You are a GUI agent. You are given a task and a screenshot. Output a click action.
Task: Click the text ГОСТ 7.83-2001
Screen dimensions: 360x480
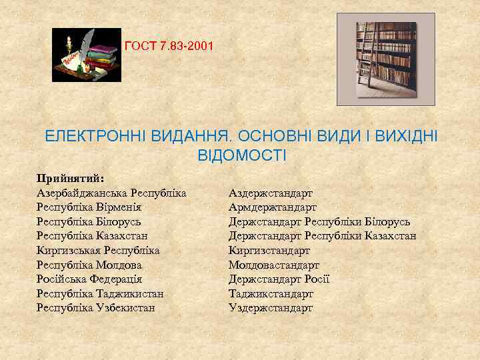tap(169, 47)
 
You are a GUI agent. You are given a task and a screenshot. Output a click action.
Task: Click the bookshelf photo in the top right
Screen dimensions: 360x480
tap(385, 59)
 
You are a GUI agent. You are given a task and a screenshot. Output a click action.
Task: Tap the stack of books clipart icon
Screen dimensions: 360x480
tap(87, 55)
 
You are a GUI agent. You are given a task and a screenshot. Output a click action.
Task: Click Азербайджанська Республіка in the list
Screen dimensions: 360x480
tap(111, 193)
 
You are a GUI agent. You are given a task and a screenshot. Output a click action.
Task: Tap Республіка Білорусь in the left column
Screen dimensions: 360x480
tap(89, 221)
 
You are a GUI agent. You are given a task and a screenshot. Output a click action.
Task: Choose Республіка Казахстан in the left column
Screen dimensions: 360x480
tap(92, 236)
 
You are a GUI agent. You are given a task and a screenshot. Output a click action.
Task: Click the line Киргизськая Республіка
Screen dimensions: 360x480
tap(98, 251)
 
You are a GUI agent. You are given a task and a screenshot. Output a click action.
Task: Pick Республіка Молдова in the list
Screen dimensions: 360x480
tap(89, 265)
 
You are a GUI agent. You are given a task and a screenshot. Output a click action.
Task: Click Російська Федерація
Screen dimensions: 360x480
tap(89, 279)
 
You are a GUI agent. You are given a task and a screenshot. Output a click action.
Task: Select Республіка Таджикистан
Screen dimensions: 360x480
tap(100, 294)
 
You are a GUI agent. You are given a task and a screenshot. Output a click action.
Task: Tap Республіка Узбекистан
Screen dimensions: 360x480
tap(96, 308)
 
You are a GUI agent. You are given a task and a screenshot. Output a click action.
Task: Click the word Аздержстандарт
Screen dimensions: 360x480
tap(271, 193)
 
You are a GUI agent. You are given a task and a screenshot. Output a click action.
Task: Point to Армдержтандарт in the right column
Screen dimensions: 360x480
tap(273, 207)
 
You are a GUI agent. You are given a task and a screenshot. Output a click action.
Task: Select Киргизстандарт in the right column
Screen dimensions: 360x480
tap(269, 251)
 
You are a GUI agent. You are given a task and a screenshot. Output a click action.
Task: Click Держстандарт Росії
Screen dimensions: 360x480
tap(279, 279)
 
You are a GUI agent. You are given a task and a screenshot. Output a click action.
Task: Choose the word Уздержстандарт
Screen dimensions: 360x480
tap(271, 308)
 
